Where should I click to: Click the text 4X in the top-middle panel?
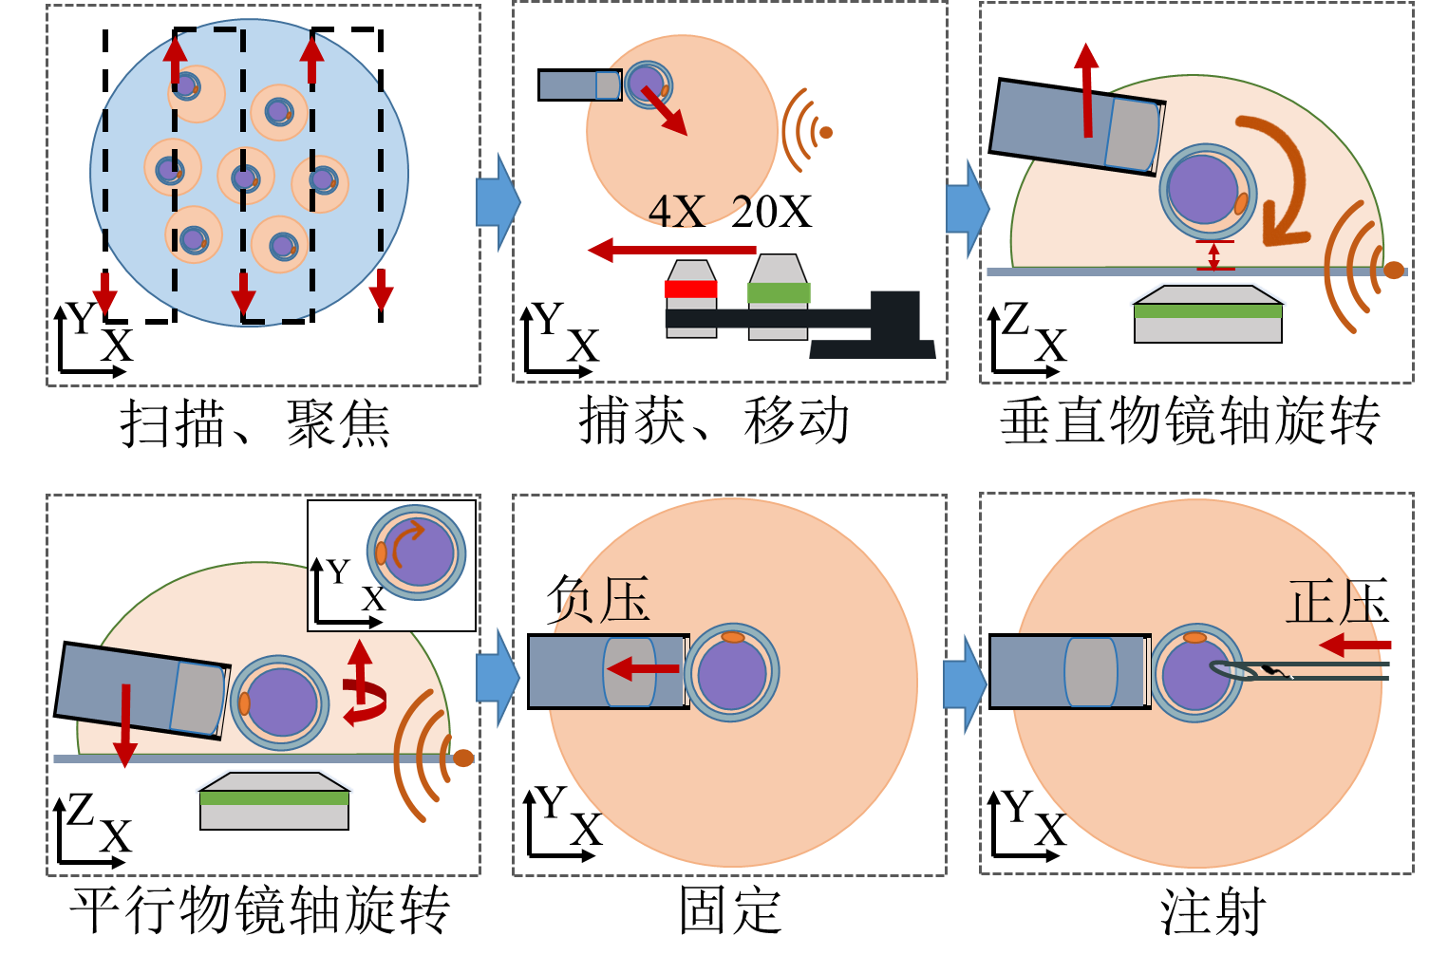pos(676,212)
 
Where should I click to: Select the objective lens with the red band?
pos(691,289)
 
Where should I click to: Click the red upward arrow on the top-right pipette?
pos(1086,89)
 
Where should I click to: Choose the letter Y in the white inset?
pos(338,571)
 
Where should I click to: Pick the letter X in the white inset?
pos(373,600)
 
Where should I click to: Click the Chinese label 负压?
pos(602,601)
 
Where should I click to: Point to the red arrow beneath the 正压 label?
pos(1355,646)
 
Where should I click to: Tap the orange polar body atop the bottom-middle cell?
pos(733,637)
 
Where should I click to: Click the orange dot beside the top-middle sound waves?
pos(826,133)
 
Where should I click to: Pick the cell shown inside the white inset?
pos(417,552)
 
